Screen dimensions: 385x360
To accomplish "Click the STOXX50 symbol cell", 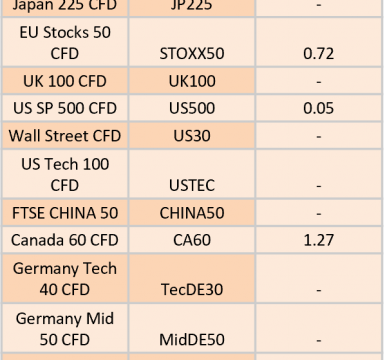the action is [x=192, y=54].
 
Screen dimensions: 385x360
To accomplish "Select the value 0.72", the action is [x=318, y=54].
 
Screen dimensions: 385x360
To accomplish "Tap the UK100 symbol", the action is [x=192, y=81].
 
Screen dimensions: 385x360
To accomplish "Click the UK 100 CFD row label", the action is [x=65, y=81].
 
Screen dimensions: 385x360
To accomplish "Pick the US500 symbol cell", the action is [x=192, y=108].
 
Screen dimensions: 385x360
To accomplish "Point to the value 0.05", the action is [x=318, y=108].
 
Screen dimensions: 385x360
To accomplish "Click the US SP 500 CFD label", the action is [x=65, y=108].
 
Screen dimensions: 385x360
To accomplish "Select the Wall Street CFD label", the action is [x=65, y=136].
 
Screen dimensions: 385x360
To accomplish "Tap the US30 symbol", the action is [x=192, y=136].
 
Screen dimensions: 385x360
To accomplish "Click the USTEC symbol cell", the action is [x=192, y=185].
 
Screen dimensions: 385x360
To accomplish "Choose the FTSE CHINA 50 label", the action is [x=65, y=213].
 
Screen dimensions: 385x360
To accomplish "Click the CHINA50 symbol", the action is [x=192, y=213].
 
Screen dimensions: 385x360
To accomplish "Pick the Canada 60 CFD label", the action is [x=65, y=240].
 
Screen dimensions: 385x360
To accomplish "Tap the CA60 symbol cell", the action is [x=192, y=240].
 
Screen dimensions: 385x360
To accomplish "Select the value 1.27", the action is [x=319, y=240].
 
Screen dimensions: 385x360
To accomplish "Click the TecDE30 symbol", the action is [x=192, y=289].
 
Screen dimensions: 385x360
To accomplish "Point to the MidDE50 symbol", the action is [x=192, y=340].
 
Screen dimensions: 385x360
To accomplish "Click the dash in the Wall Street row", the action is [x=319, y=137].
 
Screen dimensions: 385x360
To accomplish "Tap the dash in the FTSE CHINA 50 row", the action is [x=319, y=214].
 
